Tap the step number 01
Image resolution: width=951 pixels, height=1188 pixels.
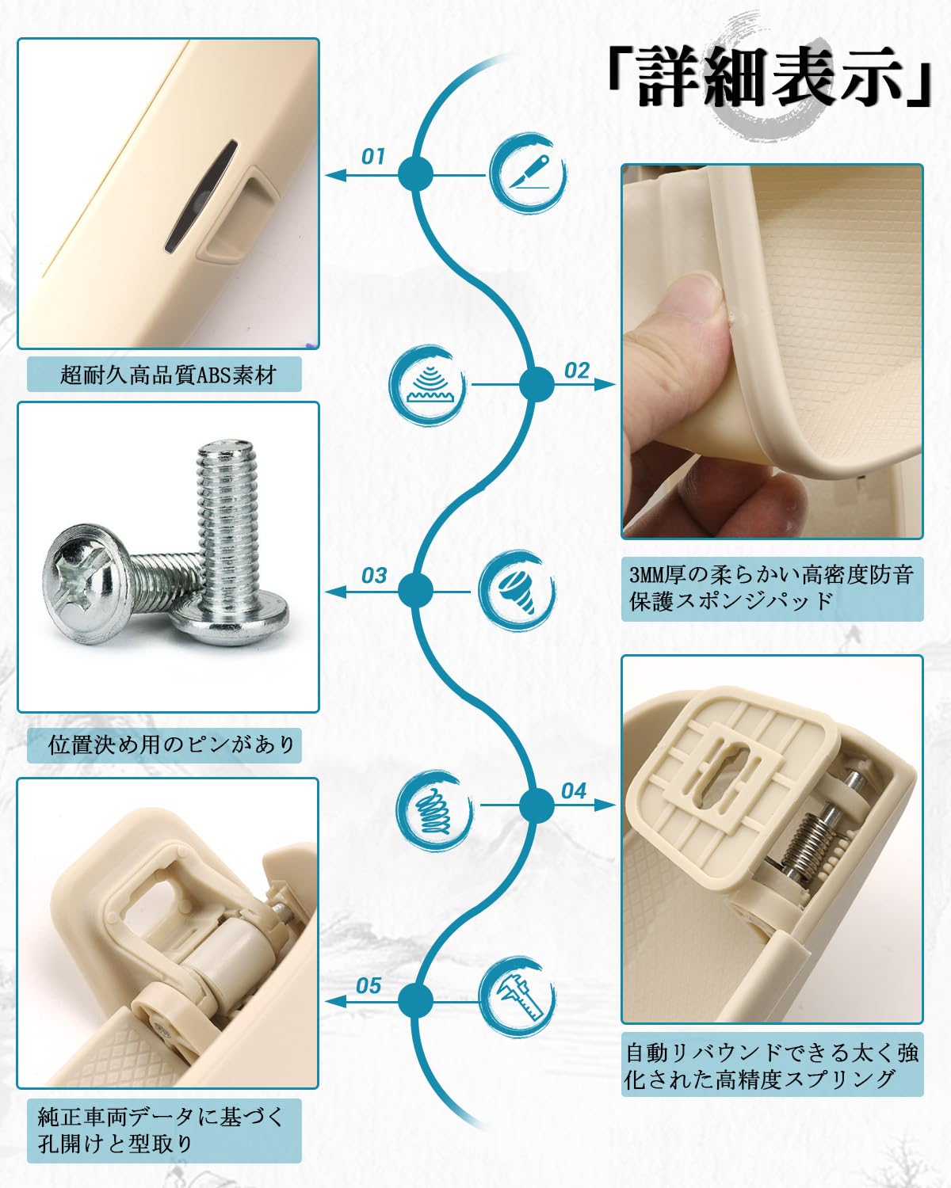[x=372, y=156]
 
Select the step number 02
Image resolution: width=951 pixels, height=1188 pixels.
[x=577, y=370]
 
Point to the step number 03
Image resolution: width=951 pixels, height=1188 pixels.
[x=373, y=575]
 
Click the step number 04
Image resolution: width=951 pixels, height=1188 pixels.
[x=574, y=790]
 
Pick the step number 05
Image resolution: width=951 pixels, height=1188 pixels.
[x=369, y=985]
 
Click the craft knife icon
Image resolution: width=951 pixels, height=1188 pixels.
[x=526, y=172]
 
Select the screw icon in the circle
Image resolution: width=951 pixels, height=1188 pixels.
[x=517, y=591]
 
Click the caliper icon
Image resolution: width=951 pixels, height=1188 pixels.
[x=517, y=996]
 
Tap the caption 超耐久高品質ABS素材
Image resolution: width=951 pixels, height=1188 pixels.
[x=165, y=375]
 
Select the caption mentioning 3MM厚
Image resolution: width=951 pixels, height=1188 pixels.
[x=772, y=587]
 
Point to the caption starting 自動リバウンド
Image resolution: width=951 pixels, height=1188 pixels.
[x=772, y=1066]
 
